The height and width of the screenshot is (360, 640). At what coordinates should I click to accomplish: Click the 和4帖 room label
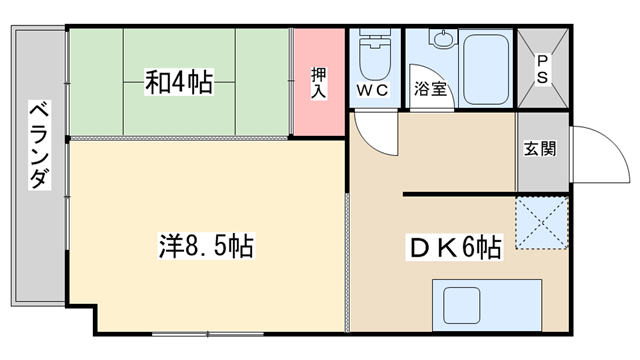pos(179,82)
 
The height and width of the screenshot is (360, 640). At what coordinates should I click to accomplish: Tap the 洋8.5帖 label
pos(206,246)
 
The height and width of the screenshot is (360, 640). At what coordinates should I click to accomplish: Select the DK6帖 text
pos(454,247)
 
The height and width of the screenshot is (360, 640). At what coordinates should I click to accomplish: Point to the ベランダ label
pos(40,145)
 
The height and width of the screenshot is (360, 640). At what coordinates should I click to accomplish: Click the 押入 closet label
pos(319,83)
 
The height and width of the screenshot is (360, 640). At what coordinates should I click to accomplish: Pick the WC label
pos(372,90)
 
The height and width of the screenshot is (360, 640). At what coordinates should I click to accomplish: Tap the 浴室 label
pos(430,89)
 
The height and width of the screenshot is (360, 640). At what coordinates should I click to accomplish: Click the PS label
pos(542,69)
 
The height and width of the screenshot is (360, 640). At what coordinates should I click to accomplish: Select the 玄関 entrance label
pos(540,149)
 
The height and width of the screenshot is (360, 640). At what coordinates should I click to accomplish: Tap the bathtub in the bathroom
pos(486,69)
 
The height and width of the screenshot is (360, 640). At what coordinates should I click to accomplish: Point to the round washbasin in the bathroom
pos(442,40)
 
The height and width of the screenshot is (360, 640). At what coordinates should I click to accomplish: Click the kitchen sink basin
pos(462,305)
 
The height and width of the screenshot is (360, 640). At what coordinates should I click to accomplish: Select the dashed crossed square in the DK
pos(542,223)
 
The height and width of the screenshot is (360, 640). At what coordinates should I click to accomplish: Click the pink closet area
pos(320,82)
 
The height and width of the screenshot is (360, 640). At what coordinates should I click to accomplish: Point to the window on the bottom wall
pos(207,334)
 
